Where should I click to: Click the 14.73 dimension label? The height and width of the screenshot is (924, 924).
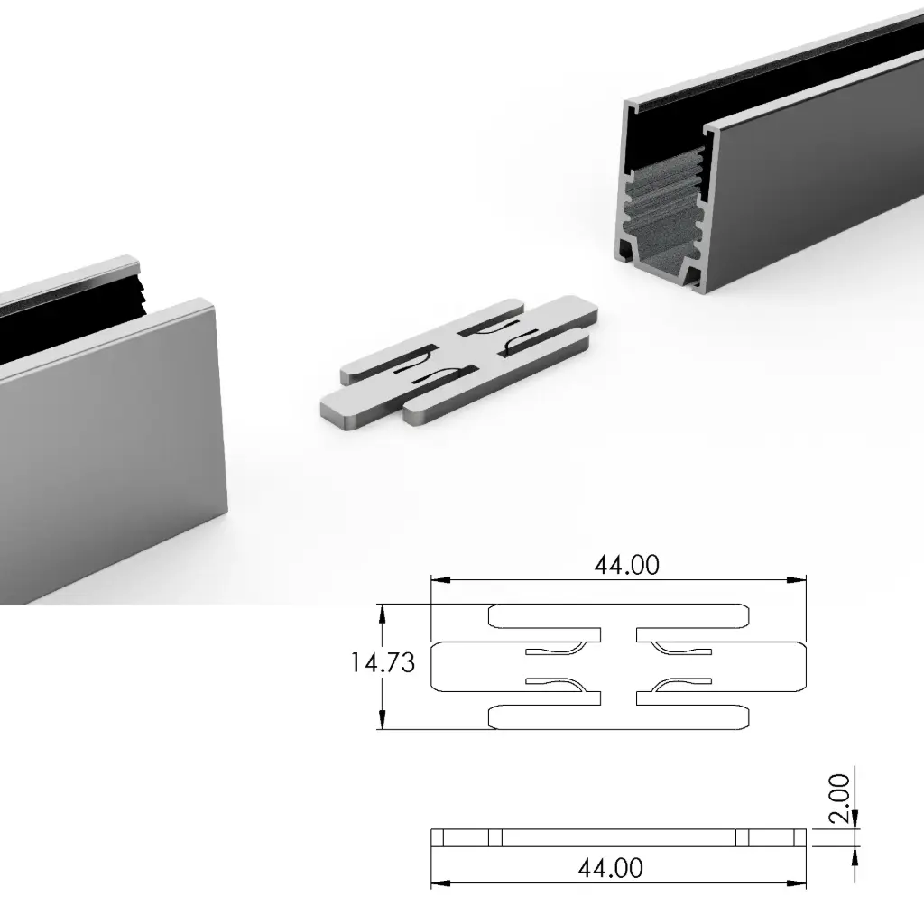click(383, 663)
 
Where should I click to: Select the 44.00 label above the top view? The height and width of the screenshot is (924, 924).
click(626, 565)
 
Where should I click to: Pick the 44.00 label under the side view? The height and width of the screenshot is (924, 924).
click(610, 868)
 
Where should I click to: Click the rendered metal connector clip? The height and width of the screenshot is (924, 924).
click(460, 361)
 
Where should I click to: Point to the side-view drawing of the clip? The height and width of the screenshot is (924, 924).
click(618, 837)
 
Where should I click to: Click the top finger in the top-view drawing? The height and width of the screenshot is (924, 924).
click(619, 615)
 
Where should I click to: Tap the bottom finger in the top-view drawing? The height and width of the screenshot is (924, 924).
click(619, 717)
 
